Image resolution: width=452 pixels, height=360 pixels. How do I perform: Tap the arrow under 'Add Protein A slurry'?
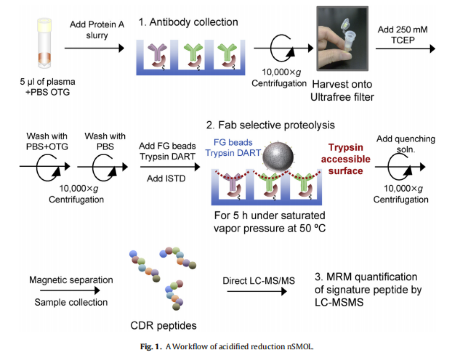click(94, 48)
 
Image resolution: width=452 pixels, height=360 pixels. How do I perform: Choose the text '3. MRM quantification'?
click(365, 277)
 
